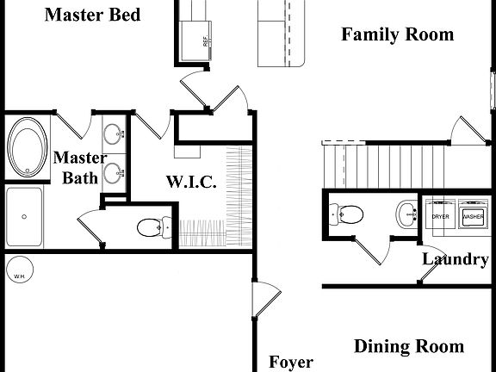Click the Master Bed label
click(92, 15)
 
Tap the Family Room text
click(397, 35)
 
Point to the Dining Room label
click(409, 347)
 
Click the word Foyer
click(290, 363)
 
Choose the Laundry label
click(455, 258)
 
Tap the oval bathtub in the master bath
click(30, 148)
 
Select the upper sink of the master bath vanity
click(112, 134)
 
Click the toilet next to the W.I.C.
click(150, 228)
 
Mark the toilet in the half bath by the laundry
click(346, 213)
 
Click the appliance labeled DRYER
click(441, 216)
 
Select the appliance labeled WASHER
click(474, 216)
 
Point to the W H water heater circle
click(18, 276)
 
